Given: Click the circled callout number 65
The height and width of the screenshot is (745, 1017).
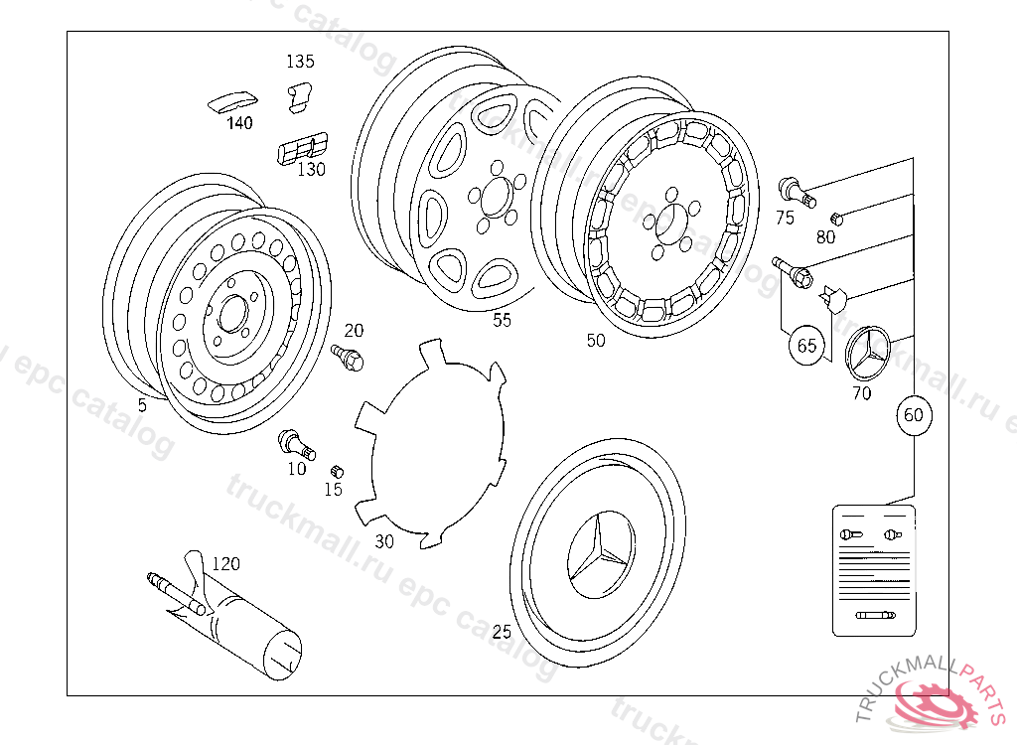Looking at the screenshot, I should [806, 346].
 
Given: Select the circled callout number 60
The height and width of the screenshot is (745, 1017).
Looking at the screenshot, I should [913, 416].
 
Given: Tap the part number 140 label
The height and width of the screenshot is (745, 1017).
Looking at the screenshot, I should [239, 123].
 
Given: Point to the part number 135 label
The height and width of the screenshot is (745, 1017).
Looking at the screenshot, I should [300, 62].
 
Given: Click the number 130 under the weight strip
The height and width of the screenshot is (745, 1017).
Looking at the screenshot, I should [312, 170].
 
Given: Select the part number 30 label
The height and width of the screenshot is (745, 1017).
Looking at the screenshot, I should [384, 541].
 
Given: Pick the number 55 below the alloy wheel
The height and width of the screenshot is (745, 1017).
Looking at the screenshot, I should [503, 320].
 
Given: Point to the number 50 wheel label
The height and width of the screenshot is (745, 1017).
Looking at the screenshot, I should [595, 341].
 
